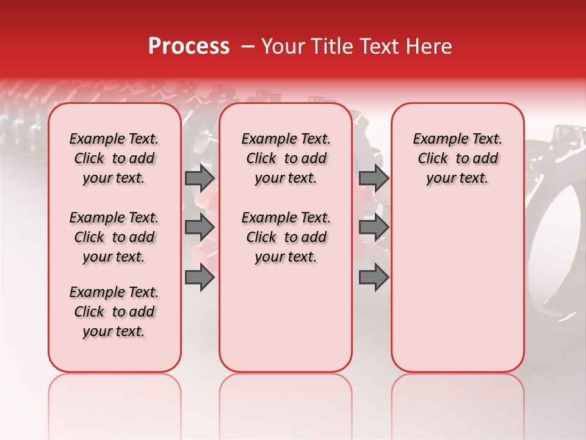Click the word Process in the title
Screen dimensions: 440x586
pyautogui.click(x=189, y=46)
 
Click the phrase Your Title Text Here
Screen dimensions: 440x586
pyautogui.click(x=356, y=46)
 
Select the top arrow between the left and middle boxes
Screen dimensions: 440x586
pyautogui.click(x=200, y=178)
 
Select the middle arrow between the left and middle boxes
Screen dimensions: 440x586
pyautogui.click(x=200, y=227)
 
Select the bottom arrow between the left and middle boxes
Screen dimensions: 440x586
pyautogui.click(x=200, y=277)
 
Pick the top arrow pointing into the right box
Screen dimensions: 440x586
pyautogui.click(x=374, y=178)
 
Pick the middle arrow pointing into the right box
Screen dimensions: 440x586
pyautogui.click(x=374, y=227)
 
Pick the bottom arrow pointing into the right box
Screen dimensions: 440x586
pyautogui.click(x=374, y=277)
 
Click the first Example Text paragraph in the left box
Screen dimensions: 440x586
pyautogui.click(x=114, y=158)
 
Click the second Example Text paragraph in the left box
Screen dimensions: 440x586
pyautogui.click(x=114, y=237)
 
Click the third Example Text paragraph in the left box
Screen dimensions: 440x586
pyautogui.click(x=114, y=312)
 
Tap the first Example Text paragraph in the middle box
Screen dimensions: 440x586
pyautogui.click(x=286, y=158)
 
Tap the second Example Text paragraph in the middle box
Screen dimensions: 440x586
pyautogui.click(x=286, y=237)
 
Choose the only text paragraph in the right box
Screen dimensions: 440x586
pyautogui.click(x=457, y=158)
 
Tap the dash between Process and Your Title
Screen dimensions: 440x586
pyautogui.click(x=246, y=47)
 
